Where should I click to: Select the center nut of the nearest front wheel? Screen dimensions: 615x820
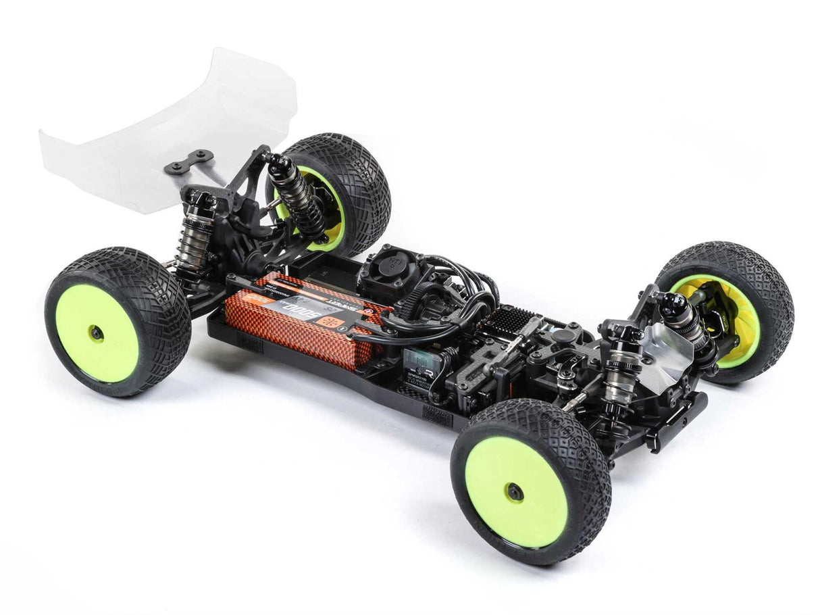pos(515,491)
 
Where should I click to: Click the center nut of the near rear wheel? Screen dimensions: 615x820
pos(97,333)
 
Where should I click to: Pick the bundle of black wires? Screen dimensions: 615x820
pos(459,284)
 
